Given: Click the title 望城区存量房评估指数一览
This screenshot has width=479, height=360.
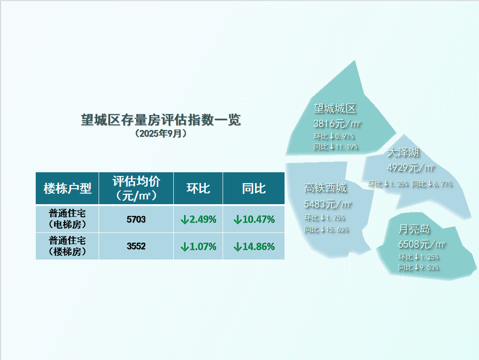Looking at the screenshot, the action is click(x=161, y=120).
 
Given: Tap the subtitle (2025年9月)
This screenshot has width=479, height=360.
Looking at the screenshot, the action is click(x=161, y=133).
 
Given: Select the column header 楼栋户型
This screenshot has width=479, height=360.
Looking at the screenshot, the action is click(x=67, y=188).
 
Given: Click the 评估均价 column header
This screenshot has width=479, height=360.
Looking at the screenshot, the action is click(x=136, y=188).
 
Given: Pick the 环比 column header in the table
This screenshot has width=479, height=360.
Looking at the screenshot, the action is click(x=198, y=188).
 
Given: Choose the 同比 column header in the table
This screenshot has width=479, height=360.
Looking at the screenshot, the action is click(x=254, y=188).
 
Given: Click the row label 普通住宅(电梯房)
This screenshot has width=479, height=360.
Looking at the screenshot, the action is click(x=67, y=219).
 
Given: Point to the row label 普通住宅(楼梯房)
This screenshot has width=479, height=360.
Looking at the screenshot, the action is click(x=67, y=246).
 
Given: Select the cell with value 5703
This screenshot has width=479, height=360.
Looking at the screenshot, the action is click(x=136, y=219).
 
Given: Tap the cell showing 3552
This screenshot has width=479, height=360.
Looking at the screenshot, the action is click(x=136, y=246).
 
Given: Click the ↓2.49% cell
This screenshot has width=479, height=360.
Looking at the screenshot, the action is click(x=198, y=219).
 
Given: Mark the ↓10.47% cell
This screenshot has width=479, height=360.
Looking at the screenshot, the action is click(x=254, y=219).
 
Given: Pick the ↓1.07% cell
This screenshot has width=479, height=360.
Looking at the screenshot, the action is click(x=198, y=246).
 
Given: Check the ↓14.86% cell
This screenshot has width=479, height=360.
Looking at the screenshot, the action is click(x=254, y=246).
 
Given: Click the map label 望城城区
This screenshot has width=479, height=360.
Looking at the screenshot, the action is click(x=335, y=108).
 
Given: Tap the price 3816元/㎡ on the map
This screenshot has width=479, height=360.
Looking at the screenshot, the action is click(x=337, y=123).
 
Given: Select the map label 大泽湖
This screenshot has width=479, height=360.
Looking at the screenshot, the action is click(x=403, y=153).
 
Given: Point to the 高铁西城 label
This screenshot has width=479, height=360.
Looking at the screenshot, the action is click(x=325, y=188).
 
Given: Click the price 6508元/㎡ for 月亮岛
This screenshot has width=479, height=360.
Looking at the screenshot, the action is click(x=422, y=244).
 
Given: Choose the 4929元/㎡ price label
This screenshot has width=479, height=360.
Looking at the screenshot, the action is click(x=410, y=168).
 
